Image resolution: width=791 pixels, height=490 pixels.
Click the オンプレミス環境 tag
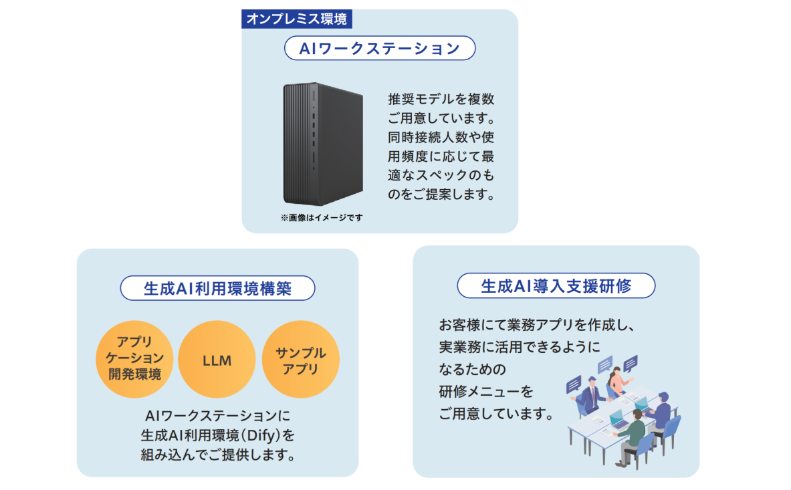click(x=296, y=19)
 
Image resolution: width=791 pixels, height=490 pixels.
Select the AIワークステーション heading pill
click(x=379, y=48)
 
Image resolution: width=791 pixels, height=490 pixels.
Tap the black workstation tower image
click(x=324, y=144)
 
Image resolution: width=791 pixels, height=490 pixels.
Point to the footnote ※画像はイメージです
click(x=322, y=218)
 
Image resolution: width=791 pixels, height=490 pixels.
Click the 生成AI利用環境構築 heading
click(x=217, y=288)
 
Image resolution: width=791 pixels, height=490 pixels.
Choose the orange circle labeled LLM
click(x=217, y=360)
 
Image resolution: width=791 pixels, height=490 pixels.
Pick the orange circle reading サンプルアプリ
click(x=301, y=360)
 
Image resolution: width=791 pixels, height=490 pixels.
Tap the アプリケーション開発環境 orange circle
click(x=134, y=360)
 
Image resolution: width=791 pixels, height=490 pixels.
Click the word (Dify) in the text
click(x=257, y=436)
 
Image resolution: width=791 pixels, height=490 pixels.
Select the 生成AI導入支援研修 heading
click(x=556, y=286)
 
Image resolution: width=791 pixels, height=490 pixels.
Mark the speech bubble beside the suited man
click(x=573, y=385)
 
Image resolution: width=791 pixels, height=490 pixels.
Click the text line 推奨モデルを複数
click(x=441, y=99)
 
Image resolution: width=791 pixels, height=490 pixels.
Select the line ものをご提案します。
click(x=441, y=196)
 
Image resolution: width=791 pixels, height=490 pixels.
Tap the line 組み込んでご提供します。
click(x=217, y=456)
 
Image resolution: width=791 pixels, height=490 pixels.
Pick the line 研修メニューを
click(x=487, y=391)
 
